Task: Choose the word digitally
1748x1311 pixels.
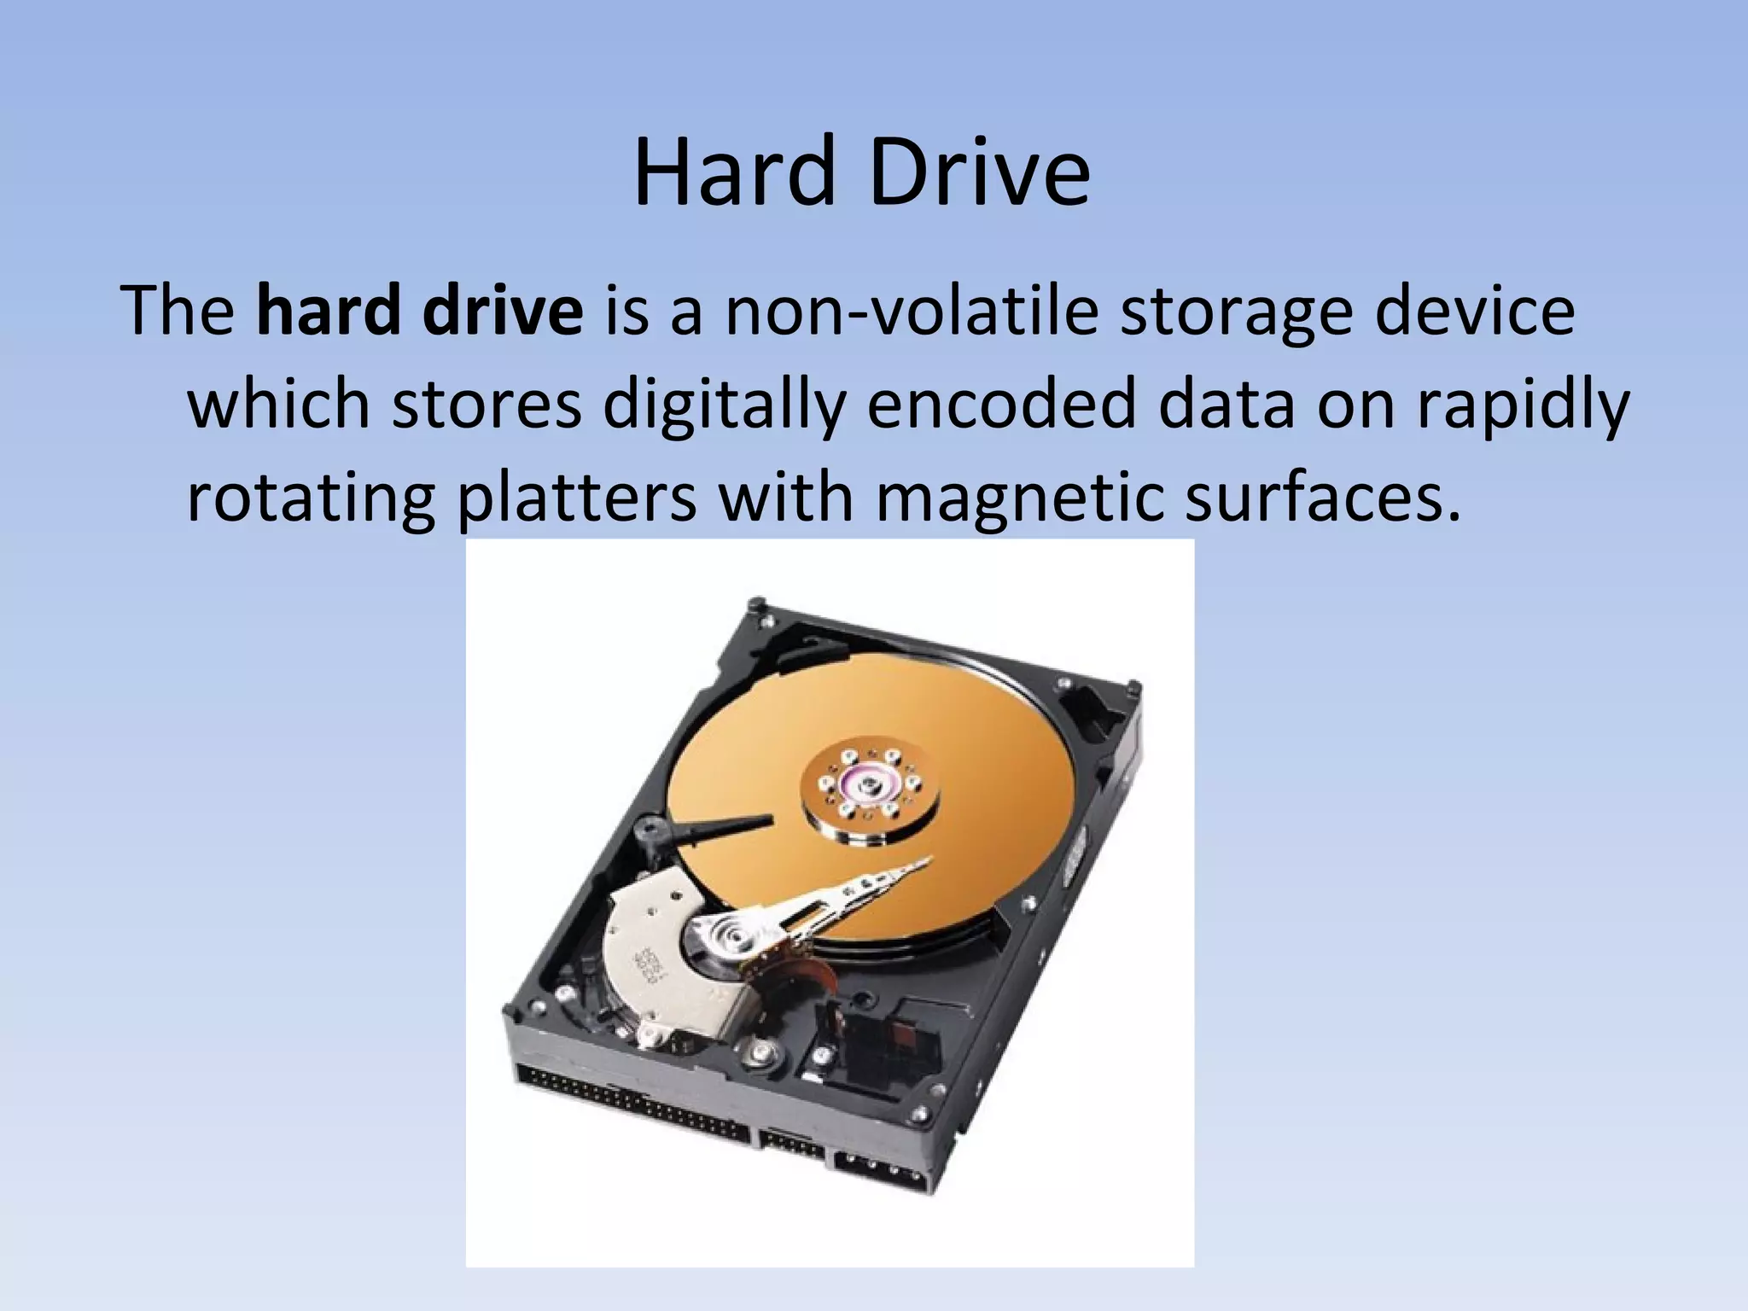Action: point(725,405)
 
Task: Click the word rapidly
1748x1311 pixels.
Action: point(1524,405)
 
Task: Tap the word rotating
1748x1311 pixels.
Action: point(311,498)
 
